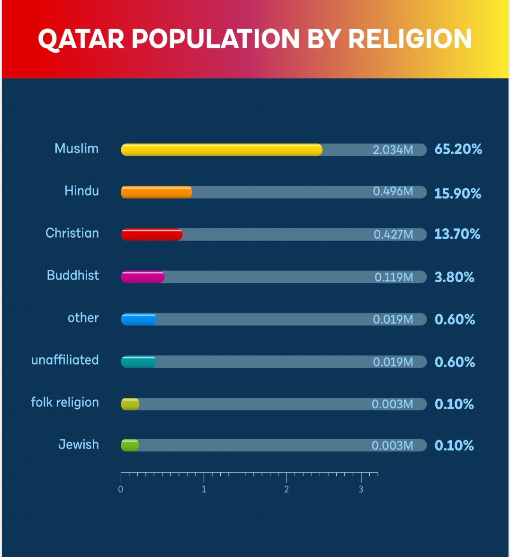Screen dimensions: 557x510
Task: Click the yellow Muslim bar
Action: coord(222,150)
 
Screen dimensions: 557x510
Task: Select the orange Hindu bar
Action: coord(156,192)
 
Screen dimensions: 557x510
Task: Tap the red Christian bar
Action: coord(152,234)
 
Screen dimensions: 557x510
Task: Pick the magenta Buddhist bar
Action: coord(143,277)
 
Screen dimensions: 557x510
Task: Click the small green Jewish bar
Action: coord(130,445)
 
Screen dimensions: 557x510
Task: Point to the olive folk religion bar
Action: coord(130,404)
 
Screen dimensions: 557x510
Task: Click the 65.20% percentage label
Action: coord(458,149)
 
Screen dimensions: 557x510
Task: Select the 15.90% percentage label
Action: coord(457,193)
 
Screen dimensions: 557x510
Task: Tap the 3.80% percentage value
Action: coord(454,277)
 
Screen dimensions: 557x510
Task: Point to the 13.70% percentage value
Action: coord(457,234)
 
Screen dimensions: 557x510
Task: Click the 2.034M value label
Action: coord(393,150)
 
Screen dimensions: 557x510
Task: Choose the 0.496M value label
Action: coord(393,191)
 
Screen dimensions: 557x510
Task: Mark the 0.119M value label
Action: coord(394,277)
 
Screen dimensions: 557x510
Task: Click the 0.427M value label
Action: coord(393,234)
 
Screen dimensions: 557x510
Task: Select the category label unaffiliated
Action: coord(65,360)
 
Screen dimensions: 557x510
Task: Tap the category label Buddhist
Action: coord(73,275)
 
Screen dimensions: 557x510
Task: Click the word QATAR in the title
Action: coord(81,39)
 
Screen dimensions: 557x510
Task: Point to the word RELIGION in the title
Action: coord(410,39)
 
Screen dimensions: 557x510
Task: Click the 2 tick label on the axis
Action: coord(286,489)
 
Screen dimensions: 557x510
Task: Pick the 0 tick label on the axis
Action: coord(121,489)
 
